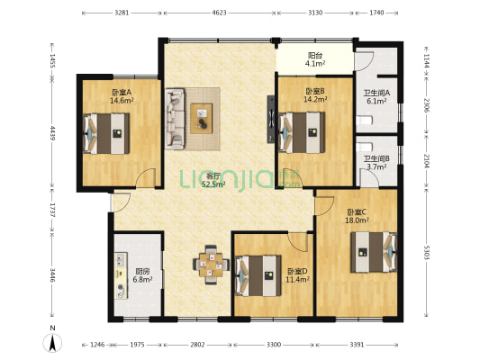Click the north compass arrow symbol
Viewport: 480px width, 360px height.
click(x=52, y=343)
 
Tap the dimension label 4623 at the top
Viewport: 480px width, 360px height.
click(x=219, y=13)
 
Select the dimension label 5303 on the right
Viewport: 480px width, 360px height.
click(x=427, y=252)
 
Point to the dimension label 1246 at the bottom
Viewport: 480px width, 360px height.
click(x=97, y=345)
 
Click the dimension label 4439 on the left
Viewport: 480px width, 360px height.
click(x=52, y=133)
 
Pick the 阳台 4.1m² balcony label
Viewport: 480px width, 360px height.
click(x=315, y=59)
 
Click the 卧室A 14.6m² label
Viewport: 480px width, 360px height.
click(x=122, y=96)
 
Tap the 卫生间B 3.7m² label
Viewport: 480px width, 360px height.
click(x=376, y=163)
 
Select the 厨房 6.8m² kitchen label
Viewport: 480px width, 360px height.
click(x=142, y=275)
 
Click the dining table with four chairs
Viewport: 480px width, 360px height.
click(x=212, y=265)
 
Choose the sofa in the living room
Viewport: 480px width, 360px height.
click(x=175, y=119)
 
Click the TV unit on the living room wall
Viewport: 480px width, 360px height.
click(x=271, y=120)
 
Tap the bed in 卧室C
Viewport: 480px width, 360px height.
click(x=374, y=252)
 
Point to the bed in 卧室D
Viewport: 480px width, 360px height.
click(x=258, y=276)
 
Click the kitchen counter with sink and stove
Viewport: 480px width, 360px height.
click(x=122, y=275)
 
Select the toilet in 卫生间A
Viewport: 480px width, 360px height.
click(x=365, y=121)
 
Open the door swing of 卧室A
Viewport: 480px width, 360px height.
click(x=146, y=177)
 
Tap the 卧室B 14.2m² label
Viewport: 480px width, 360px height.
click(x=315, y=95)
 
